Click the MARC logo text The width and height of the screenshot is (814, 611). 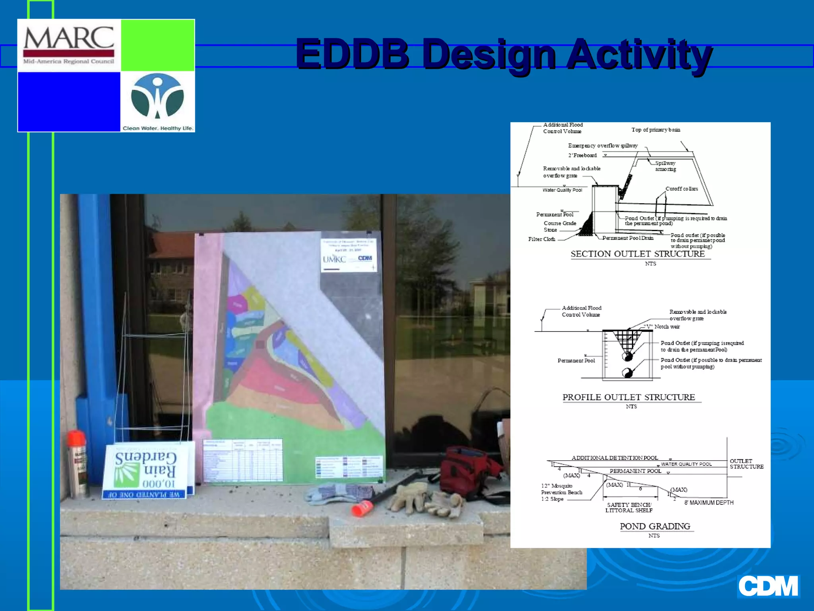69,39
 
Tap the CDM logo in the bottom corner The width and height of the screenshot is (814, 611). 768,586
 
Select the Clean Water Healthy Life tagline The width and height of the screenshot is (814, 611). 158,128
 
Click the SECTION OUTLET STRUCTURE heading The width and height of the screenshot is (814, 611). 638,254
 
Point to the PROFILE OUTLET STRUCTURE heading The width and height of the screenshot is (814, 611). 628,397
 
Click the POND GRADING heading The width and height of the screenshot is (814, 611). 655,526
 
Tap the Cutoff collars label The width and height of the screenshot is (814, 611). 682,189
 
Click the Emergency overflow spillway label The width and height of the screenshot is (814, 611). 603,146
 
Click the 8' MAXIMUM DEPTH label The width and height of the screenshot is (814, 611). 709,503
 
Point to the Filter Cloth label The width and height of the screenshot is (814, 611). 541,239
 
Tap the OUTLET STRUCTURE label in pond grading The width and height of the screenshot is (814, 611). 746,464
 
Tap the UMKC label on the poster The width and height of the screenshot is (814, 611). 334,259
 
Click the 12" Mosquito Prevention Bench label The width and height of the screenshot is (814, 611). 561,492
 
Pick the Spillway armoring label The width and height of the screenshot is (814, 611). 665,166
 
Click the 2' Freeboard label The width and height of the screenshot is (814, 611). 582,156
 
